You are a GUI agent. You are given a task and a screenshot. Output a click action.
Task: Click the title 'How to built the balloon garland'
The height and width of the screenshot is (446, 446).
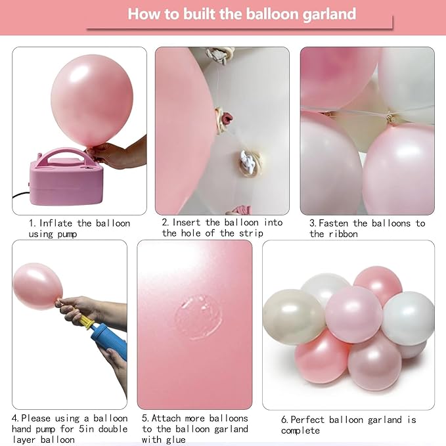242,14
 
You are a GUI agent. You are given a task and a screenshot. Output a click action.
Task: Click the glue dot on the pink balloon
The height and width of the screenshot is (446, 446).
198,316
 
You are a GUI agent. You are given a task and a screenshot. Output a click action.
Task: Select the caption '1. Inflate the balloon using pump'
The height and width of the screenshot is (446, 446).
79,228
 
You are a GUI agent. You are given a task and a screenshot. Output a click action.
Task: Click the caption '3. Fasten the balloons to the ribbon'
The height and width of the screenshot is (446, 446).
367,228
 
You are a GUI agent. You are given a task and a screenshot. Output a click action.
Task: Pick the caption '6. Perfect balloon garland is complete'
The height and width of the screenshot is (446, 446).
348,424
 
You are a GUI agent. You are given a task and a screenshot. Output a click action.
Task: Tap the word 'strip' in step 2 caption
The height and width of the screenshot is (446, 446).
250,233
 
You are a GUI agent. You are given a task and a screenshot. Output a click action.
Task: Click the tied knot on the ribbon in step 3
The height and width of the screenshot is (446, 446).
391,119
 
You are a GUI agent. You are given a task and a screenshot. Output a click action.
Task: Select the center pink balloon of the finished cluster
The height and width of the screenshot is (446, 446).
353,313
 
